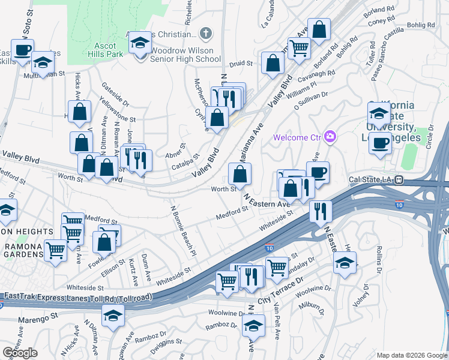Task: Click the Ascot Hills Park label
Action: (x=92, y=50)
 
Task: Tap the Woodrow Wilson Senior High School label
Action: (x=185, y=55)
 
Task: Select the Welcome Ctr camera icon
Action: (x=329, y=137)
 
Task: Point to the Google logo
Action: (x=20, y=353)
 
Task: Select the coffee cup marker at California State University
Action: (x=379, y=143)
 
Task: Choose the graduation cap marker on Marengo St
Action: (x=112, y=314)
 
